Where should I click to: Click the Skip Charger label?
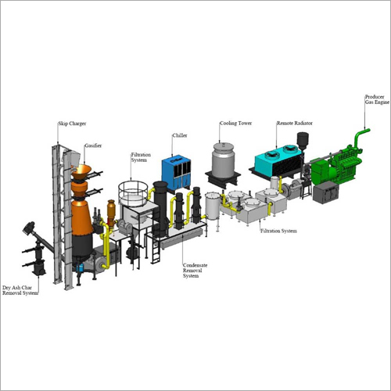[x=72, y=124]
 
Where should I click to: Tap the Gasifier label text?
[x=93, y=145]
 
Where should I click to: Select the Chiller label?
[x=180, y=135]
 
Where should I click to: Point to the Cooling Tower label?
[x=235, y=124]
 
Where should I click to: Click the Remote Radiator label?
[x=294, y=123]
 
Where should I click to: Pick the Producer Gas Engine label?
[x=377, y=99]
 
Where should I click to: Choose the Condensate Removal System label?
[x=195, y=271]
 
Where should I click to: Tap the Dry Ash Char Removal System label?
[x=20, y=290]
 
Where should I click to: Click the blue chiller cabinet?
[x=176, y=174]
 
